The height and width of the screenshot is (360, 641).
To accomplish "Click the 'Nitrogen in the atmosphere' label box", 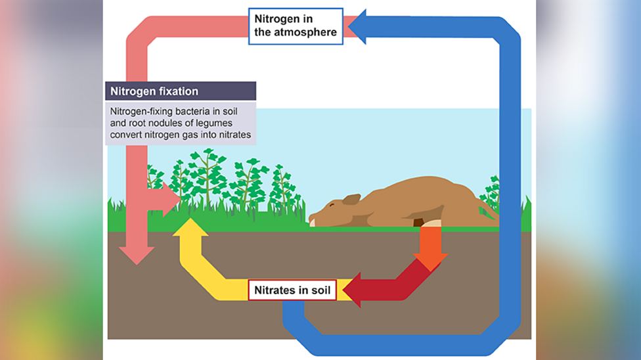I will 296,26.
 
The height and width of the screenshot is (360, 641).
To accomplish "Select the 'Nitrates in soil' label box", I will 292,290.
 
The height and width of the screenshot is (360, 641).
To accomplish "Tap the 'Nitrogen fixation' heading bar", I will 181,91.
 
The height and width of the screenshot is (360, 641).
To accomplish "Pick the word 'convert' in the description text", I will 127,135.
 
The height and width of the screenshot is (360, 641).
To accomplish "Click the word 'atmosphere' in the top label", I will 308,32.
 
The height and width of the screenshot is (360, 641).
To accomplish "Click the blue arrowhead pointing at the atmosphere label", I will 360,27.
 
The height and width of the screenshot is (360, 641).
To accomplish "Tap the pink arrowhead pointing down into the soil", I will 137,255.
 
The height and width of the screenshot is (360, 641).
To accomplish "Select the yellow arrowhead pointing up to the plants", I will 190,227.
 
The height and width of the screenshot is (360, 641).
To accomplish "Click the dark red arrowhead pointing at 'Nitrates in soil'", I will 353,290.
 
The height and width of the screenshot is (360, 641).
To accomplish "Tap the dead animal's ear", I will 351,199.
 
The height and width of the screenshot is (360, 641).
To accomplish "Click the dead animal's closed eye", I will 332,206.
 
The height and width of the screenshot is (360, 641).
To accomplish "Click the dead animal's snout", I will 313,219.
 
